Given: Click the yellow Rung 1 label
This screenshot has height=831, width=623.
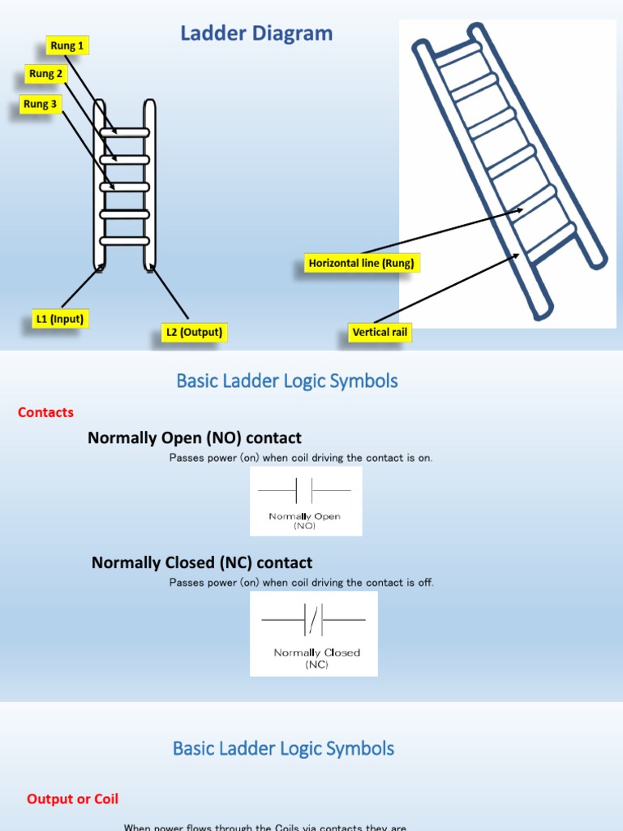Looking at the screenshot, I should point(67,45).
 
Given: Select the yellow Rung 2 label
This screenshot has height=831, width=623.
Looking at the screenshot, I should point(45,74).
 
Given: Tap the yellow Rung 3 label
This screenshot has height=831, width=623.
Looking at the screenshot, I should point(41,104).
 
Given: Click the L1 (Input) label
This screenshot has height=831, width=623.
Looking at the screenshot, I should point(59,319).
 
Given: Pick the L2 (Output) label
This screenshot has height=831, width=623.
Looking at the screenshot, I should point(194,332).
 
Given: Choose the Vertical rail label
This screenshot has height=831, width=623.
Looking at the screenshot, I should point(381,332).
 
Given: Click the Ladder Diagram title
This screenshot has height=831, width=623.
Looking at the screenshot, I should point(256,34).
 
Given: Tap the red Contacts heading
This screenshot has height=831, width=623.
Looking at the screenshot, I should point(45,412).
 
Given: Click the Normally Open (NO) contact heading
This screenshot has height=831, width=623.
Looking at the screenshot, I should point(195,438).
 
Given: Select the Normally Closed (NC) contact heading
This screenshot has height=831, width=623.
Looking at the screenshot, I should point(202,562).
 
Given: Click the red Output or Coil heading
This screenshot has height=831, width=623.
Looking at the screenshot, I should point(72,799).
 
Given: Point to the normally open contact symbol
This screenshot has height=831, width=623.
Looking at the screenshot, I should point(304,491).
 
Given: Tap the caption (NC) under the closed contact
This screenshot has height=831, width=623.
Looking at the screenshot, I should point(316,665).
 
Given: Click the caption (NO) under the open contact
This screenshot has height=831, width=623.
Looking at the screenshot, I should point(304,526).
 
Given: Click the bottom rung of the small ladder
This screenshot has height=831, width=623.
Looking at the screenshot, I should point(124,241).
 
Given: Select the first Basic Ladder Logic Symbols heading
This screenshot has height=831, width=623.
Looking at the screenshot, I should point(287,381).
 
